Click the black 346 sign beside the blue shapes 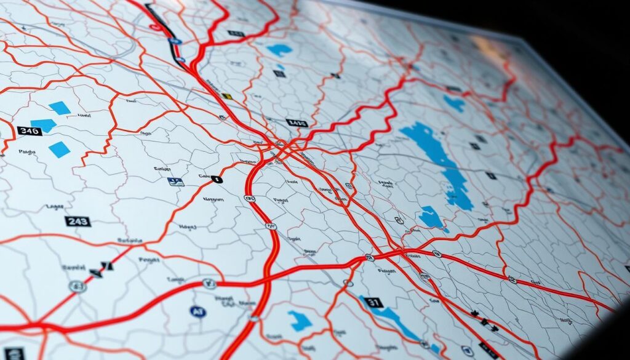30,130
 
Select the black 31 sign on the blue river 373,302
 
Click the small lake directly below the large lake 431,218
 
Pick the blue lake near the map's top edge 280,50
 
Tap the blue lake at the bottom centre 300,321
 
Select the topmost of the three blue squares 60,108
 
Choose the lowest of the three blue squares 59,149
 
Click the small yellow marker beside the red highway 226,96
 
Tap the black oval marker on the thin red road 216,180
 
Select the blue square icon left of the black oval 175,182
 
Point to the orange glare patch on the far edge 486,45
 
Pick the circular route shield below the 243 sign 77,286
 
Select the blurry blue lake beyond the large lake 455,103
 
